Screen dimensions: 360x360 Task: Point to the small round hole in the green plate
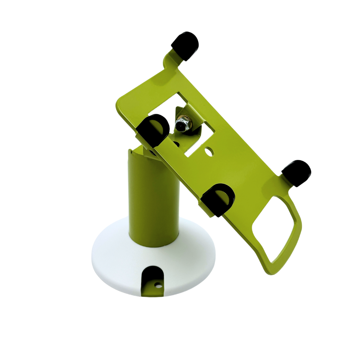coord(209,152)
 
